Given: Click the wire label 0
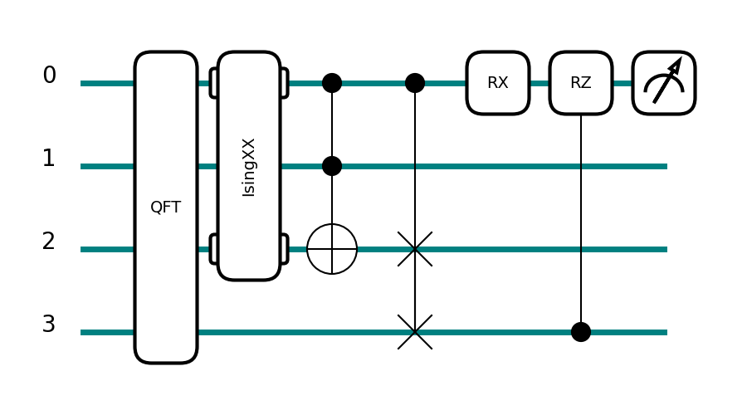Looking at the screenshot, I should click(x=49, y=76).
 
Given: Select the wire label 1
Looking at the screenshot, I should click(x=49, y=159).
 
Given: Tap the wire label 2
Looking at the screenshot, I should click(x=49, y=242).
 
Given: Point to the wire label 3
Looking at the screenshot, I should click(x=49, y=325).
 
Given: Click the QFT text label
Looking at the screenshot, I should click(x=166, y=207).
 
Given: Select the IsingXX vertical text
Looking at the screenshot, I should click(x=249, y=167).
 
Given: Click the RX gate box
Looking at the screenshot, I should click(x=498, y=83).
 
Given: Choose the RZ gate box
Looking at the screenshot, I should click(x=581, y=83).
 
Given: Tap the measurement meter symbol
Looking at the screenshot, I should click(x=664, y=83).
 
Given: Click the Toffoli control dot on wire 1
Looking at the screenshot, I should click(x=332, y=166).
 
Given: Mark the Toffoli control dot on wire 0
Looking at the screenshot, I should click(x=332, y=83).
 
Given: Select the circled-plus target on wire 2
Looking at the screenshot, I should click(x=332, y=249).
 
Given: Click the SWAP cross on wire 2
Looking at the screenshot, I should click(x=415, y=249).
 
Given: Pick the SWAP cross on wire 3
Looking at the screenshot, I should click(x=415, y=332).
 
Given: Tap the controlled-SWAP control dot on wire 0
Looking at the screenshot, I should click(x=415, y=83).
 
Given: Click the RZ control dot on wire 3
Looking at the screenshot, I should click(x=581, y=332).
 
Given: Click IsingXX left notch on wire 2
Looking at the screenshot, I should click(x=213, y=249).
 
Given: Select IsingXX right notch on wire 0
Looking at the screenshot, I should click(x=285, y=83).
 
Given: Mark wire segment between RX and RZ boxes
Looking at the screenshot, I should click(x=539, y=83).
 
